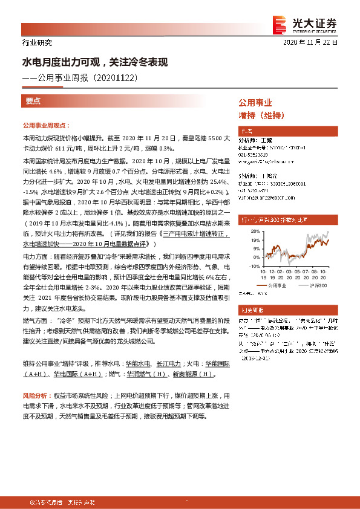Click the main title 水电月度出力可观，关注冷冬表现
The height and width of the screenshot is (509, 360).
[x=94, y=62]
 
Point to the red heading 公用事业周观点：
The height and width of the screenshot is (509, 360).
[x=46, y=125]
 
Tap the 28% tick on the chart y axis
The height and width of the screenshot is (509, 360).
[x=255, y=231]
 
